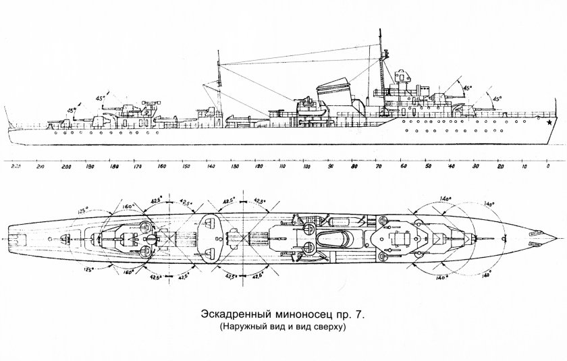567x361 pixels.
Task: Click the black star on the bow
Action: tap(550, 123)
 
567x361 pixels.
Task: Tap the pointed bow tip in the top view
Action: tap(556, 239)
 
